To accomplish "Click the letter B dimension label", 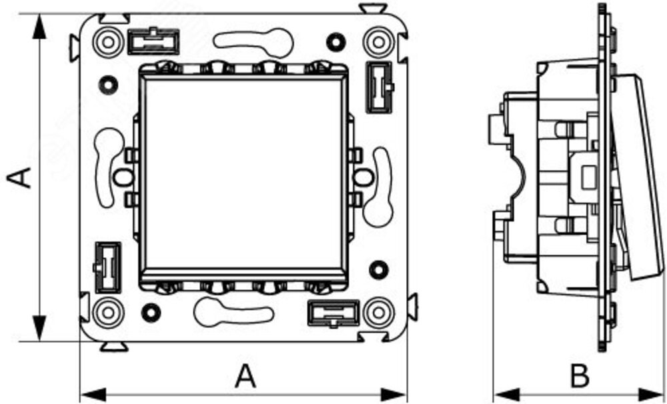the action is [580, 376].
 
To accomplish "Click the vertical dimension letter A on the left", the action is [19, 178].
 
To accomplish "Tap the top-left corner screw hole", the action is [109, 42].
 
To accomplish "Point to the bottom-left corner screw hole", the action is [109, 313].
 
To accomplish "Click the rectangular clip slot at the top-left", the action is [153, 41].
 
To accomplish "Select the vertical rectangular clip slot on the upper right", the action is [379, 87].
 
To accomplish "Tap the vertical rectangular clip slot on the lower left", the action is [107, 267].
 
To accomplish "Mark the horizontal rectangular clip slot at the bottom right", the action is [333, 313].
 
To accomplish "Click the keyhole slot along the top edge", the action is [254, 42].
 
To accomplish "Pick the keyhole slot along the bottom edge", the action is [233, 312].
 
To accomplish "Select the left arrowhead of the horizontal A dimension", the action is [93, 394].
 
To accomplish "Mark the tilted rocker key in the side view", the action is [638, 177].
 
